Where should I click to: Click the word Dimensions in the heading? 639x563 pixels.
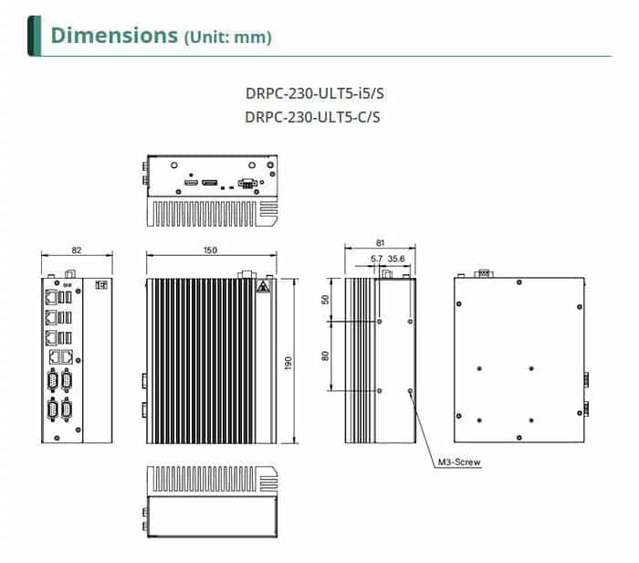pos(114,36)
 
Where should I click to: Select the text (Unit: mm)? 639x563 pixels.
pos(227,37)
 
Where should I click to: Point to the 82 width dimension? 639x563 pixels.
pos(76,250)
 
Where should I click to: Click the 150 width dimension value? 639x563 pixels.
pos(211,250)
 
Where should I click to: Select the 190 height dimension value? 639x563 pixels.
pos(288,363)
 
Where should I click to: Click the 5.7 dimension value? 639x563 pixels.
pos(376,260)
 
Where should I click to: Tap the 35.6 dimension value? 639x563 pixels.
pos(396,260)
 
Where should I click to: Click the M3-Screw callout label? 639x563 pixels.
pos(459,462)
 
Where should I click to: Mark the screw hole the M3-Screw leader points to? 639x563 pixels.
pos(410,391)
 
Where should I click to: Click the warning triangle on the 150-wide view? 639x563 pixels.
pos(263,288)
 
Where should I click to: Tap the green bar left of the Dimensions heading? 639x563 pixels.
pos(35,36)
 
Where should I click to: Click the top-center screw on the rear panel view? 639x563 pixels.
pos(519,283)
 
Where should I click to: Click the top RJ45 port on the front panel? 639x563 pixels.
pos(48,297)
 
